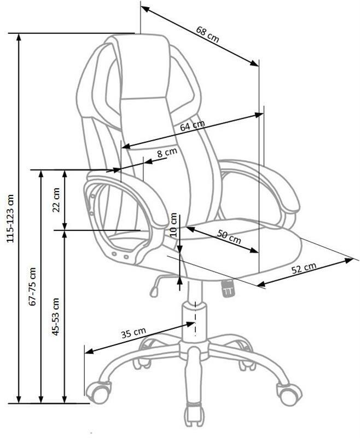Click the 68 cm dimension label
pyautogui.click(x=207, y=34)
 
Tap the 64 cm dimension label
pyautogui.click(x=192, y=125)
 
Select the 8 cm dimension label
pyautogui.click(x=167, y=153)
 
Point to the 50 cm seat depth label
pyautogui.click(x=229, y=237)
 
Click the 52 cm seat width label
pyautogui.click(x=304, y=268)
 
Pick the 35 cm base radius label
pyautogui.click(x=133, y=333)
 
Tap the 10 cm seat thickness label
pyautogui.click(x=173, y=224)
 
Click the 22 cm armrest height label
pyautogui.click(x=56, y=200)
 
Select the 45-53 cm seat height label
pyautogui.click(x=56, y=316)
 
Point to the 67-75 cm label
pyautogui.click(x=33, y=286)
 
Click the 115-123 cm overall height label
pyautogui.click(x=10, y=218)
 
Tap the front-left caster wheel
pyautogui.click(x=98, y=394)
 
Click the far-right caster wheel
pyautogui.click(x=290, y=394)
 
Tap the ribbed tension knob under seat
pyautogui.click(x=228, y=289)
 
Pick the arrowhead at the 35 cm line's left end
pyautogui.click(x=89, y=351)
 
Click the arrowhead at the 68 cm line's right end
pyautogui.click(x=254, y=63)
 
